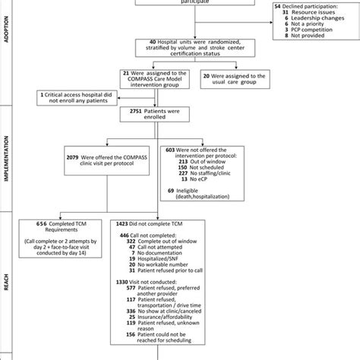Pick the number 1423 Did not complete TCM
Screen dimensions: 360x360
pyautogui.click(x=175, y=226)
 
